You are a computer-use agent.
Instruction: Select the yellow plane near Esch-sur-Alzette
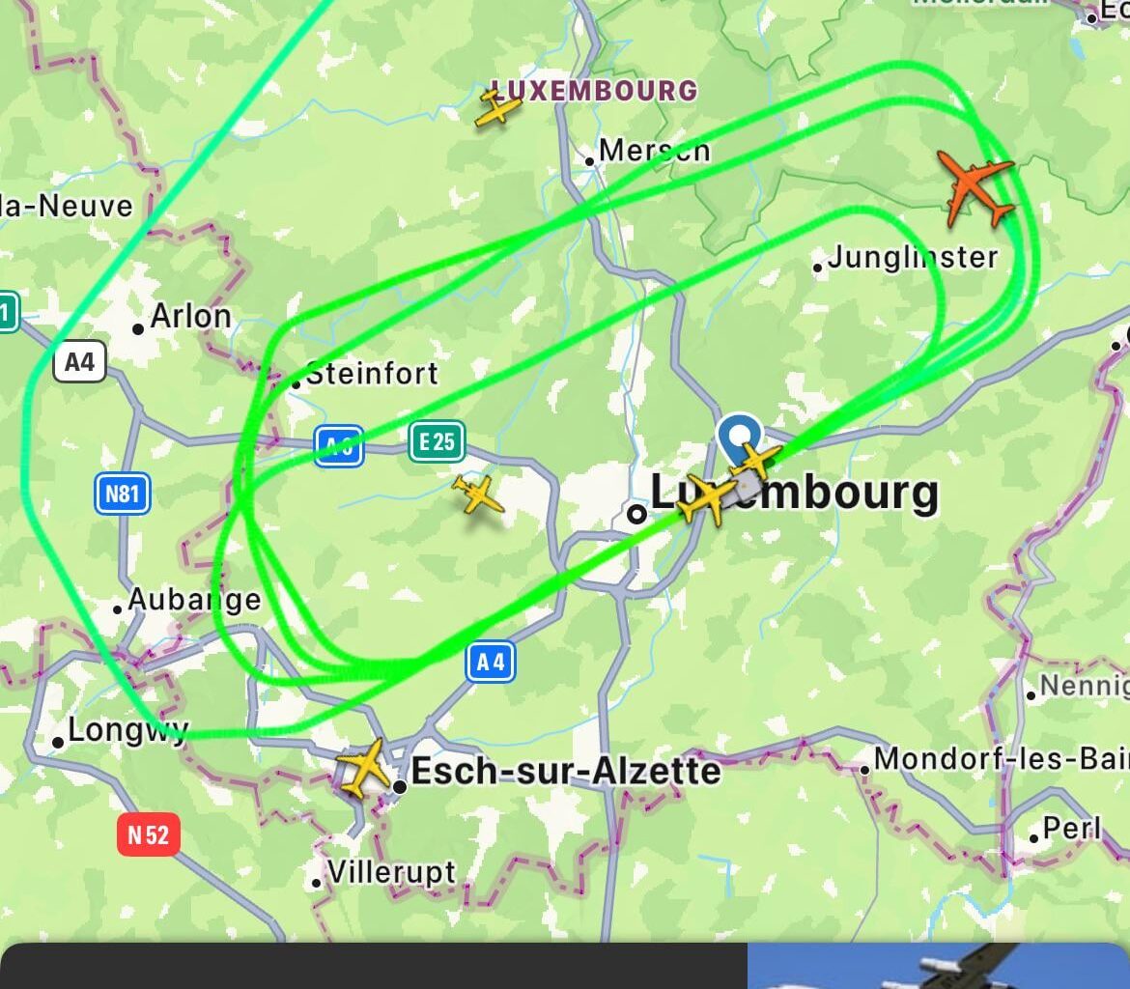point(363,767)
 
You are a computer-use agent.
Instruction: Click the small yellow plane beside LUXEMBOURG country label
point(497,107)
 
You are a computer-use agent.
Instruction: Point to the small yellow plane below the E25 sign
point(477,494)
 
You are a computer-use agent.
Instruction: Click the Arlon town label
point(190,317)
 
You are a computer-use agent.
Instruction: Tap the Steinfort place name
point(371,373)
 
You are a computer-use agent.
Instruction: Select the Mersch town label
point(654,151)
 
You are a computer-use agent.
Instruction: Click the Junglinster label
point(912,257)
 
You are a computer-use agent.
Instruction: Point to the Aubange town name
point(193,600)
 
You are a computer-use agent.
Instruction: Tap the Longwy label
point(127,730)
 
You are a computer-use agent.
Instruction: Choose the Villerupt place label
point(391,872)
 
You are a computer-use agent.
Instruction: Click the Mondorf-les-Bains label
point(1001,759)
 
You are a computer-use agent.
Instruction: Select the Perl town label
point(1071,829)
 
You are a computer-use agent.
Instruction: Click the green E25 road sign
point(437,442)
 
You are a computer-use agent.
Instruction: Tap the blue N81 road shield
point(122,494)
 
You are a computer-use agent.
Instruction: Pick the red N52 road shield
point(149,834)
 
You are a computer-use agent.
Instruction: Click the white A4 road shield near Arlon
point(79,362)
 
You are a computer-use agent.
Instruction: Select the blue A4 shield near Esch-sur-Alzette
point(491,663)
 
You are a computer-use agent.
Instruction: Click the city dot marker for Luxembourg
point(636,514)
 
